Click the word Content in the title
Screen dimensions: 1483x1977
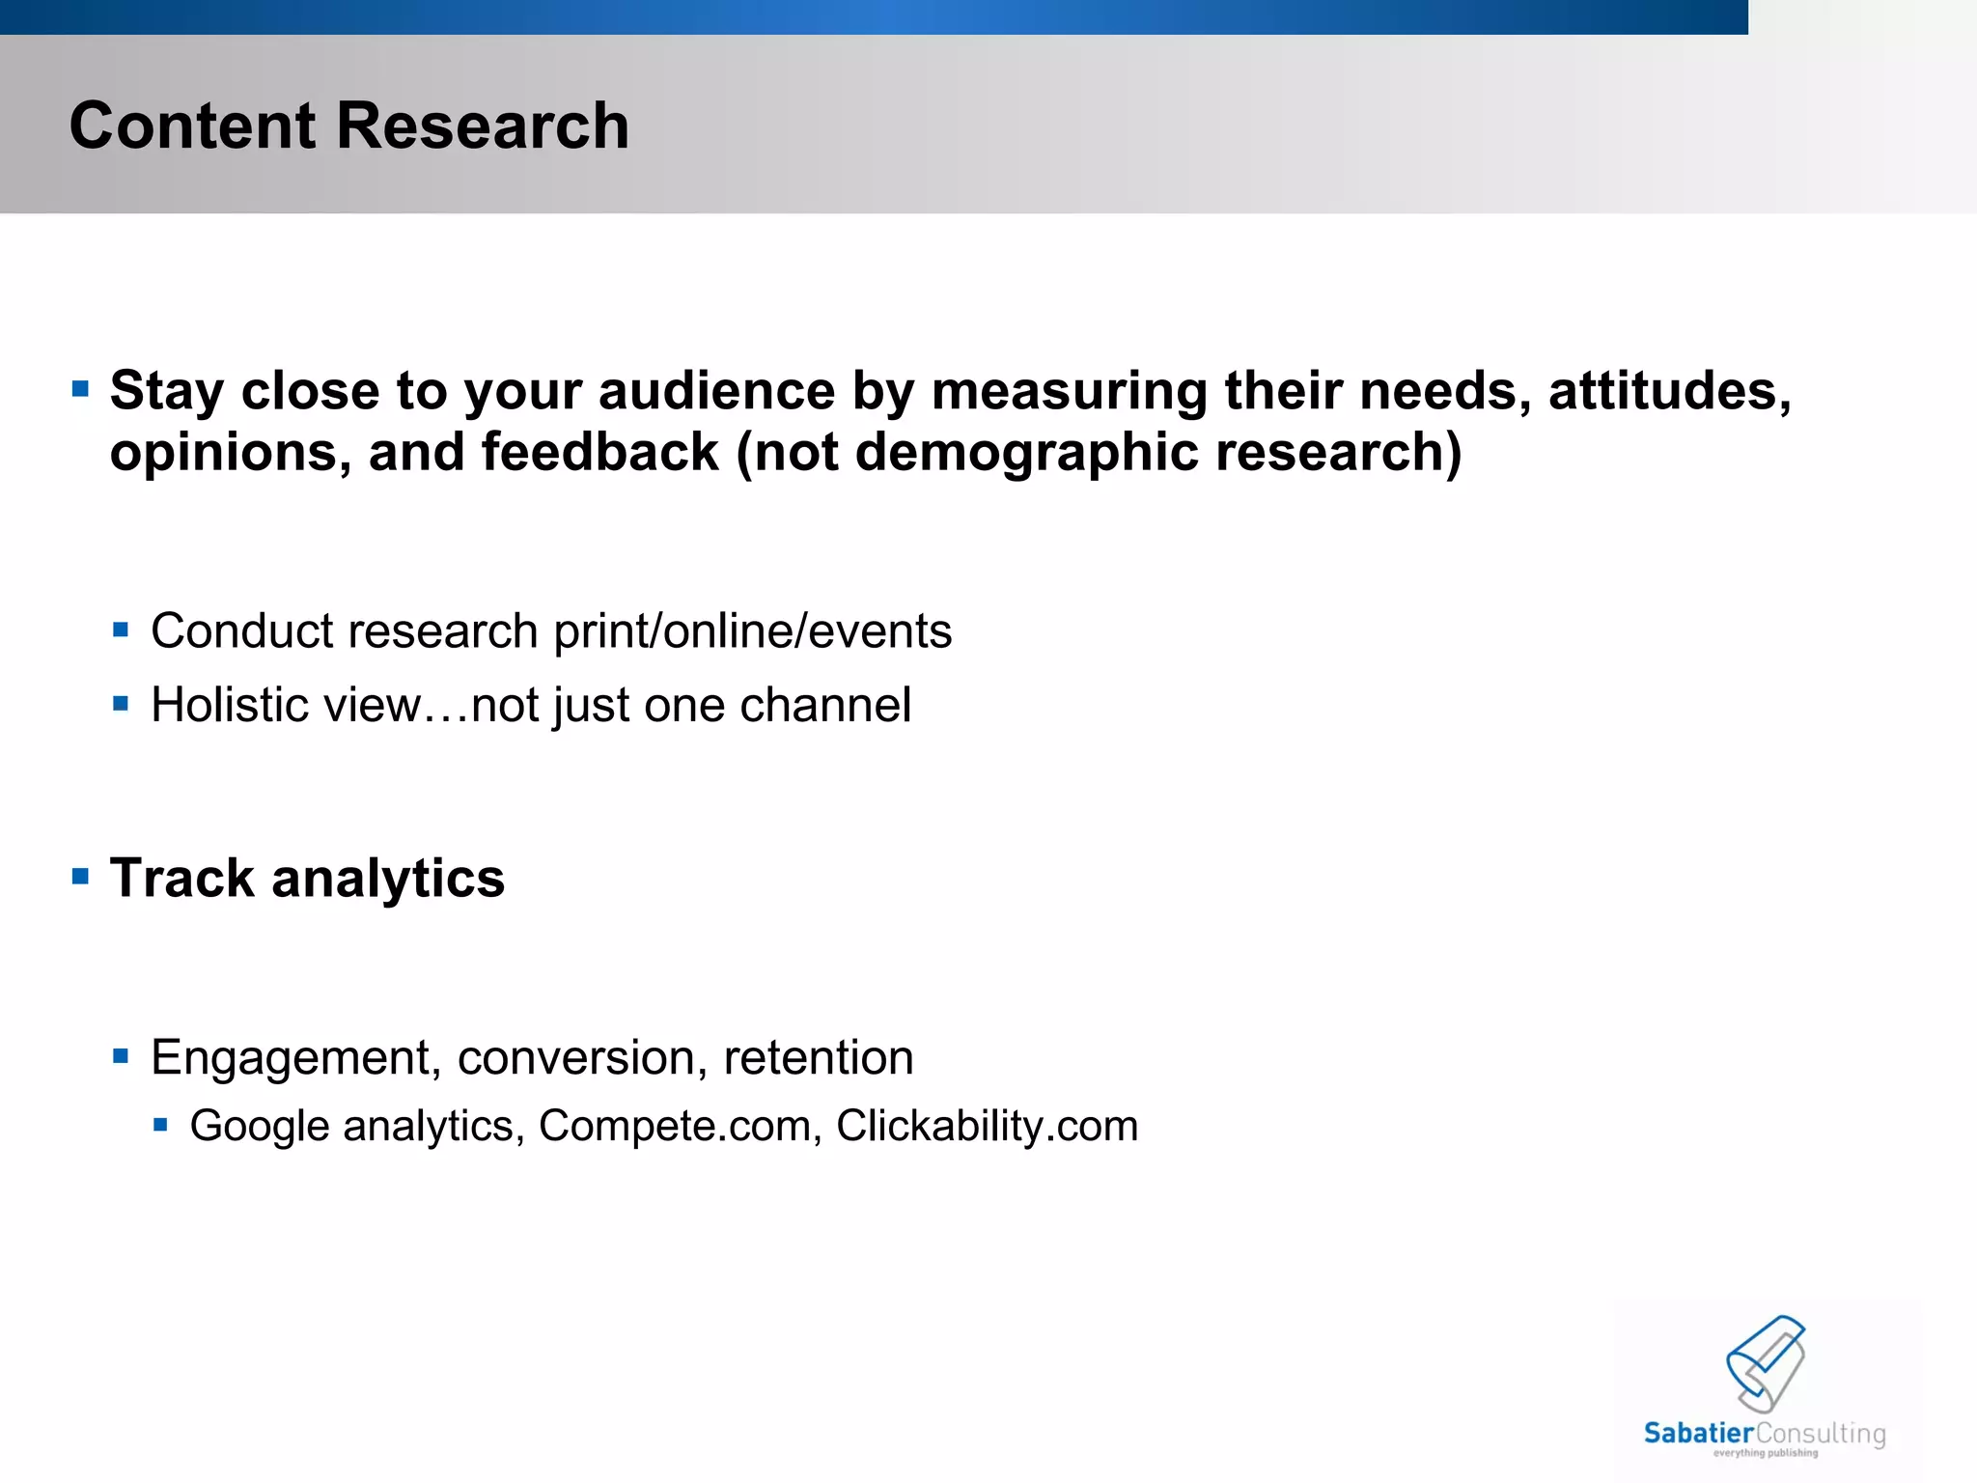(192, 126)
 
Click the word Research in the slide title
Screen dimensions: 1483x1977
(483, 126)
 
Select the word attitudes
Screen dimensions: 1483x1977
(1670, 391)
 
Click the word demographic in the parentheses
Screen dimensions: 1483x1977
(1027, 453)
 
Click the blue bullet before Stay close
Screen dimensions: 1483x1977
(81, 390)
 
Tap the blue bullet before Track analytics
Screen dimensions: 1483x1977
(81, 877)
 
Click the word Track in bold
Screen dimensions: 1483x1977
(181, 879)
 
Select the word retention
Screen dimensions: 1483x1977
(819, 1058)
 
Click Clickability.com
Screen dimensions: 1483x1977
(987, 1127)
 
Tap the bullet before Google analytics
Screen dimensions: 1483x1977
(161, 1125)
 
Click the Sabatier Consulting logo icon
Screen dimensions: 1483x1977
(1766, 1362)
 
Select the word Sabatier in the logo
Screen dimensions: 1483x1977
(1698, 1434)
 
